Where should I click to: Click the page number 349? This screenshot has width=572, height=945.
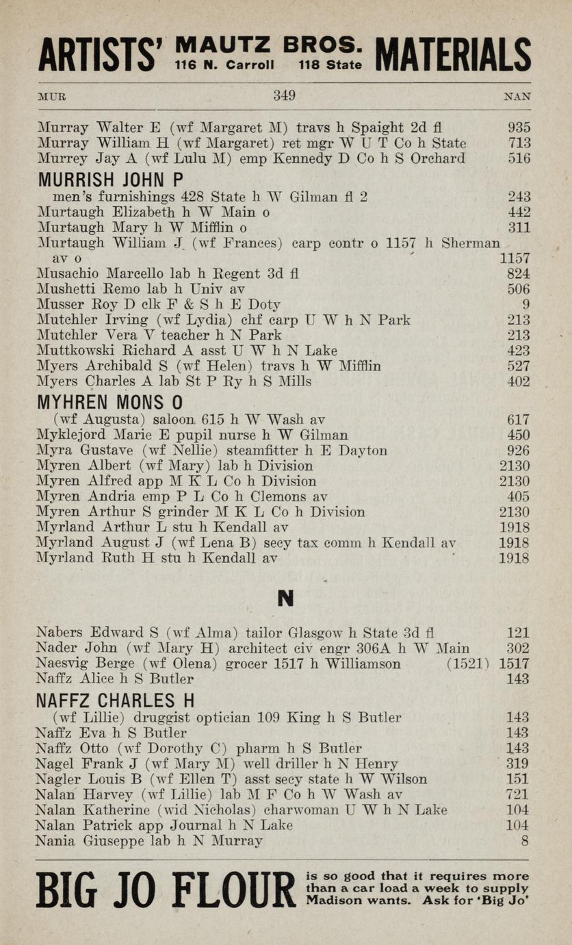(x=284, y=96)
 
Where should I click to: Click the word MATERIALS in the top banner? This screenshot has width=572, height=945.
(x=453, y=55)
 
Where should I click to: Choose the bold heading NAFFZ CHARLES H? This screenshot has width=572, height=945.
(x=115, y=701)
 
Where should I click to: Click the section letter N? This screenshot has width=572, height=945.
(x=285, y=598)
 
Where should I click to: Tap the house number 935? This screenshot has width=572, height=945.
(x=519, y=127)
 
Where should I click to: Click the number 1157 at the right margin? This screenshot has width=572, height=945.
(x=515, y=259)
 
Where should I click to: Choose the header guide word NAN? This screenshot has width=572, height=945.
(x=517, y=97)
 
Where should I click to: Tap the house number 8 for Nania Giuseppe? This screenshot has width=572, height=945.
(x=525, y=841)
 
